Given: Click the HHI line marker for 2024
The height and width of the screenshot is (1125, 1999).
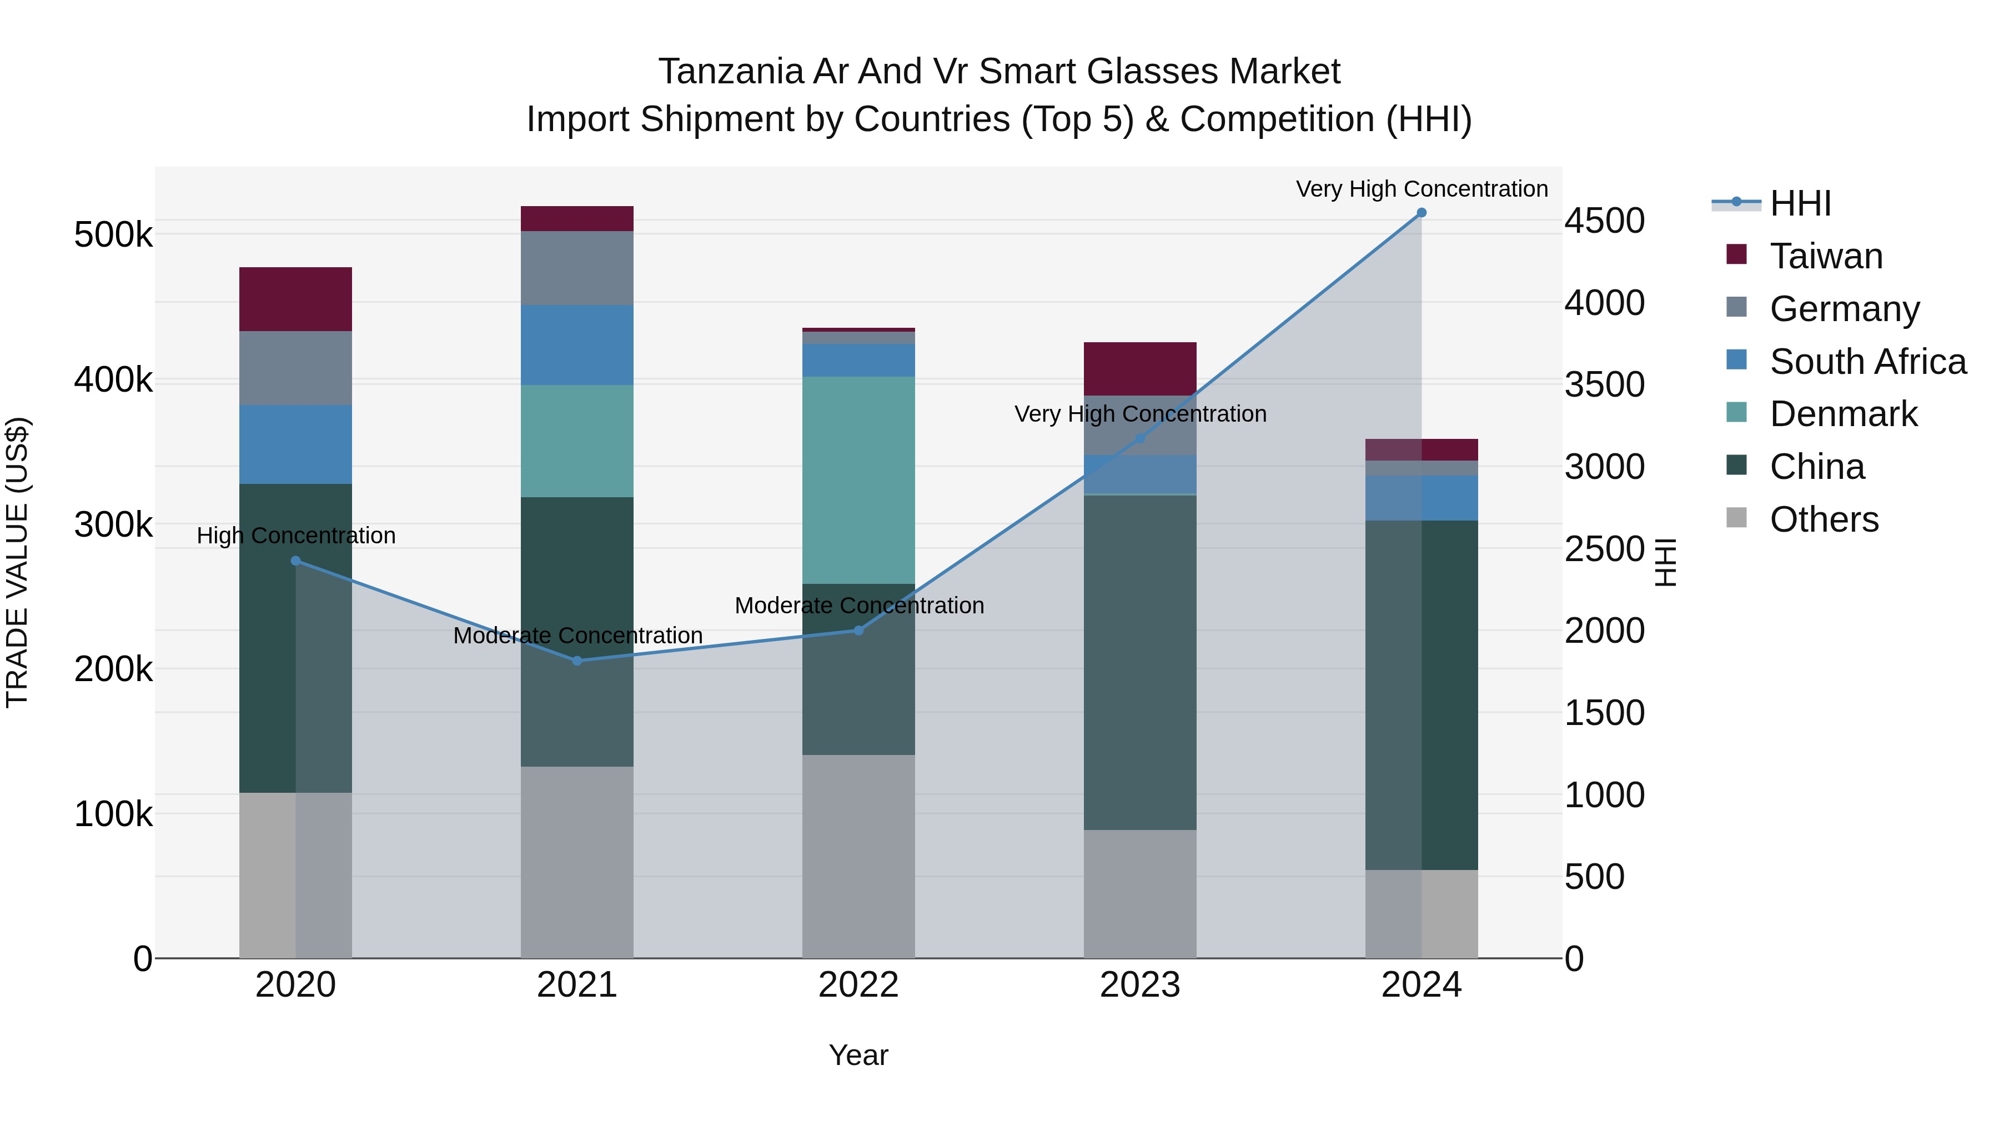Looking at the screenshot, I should pyautogui.click(x=1421, y=213).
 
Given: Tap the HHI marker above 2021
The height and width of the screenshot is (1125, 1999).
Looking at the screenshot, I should pyautogui.click(x=576, y=661).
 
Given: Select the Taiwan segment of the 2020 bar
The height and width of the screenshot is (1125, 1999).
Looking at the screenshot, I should pyautogui.click(x=295, y=299).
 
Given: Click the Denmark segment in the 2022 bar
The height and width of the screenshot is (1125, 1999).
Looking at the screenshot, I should pyautogui.click(x=858, y=480).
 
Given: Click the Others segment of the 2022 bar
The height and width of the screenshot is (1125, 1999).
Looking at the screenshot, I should pyautogui.click(x=858, y=856).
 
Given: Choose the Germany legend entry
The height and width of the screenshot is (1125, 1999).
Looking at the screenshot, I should pyautogui.click(x=1844, y=308).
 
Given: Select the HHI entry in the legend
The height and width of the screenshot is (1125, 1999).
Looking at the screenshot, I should pyautogui.click(x=1800, y=203).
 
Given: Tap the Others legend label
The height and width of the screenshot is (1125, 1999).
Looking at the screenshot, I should pyautogui.click(x=1824, y=519).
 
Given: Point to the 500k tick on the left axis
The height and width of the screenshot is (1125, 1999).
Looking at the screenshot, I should pyautogui.click(x=113, y=234).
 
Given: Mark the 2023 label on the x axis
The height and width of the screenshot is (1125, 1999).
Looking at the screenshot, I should pyautogui.click(x=1140, y=985).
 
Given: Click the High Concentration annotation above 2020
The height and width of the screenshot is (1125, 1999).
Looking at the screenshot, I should pyautogui.click(x=295, y=536).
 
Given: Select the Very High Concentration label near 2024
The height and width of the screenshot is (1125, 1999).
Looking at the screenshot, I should pyautogui.click(x=1421, y=189).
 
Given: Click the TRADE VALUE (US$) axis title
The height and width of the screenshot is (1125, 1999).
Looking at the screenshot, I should pyautogui.click(x=17, y=562).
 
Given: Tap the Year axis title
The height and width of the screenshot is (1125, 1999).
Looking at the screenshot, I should pyautogui.click(x=858, y=1055).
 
